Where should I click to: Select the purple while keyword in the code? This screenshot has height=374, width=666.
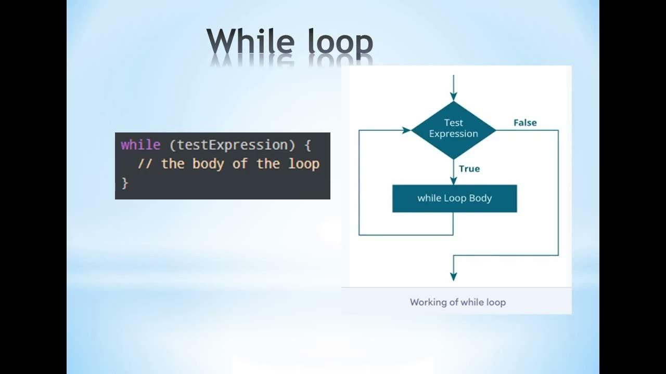tap(140, 145)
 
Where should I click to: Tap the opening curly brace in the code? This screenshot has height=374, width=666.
tap(308, 145)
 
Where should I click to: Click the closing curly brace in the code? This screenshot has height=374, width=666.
tap(124, 183)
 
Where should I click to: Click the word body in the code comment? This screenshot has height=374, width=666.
tap(208, 164)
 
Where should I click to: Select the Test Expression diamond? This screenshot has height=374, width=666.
tap(453, 130)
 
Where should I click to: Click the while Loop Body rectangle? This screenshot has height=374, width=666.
tap(454, 198)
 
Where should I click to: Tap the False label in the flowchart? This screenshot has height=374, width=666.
tap(524, 123)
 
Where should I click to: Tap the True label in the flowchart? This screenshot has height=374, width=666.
tap(469, 169)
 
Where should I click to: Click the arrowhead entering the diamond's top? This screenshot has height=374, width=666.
tap(453, 97)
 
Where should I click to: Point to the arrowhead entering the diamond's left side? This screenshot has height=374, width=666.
tap(406, 130)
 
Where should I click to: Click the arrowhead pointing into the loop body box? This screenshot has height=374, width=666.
tap(453, 181)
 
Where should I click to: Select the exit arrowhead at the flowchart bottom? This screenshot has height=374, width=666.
tap(453, 276)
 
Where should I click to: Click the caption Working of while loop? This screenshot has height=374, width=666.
tap(457, 302)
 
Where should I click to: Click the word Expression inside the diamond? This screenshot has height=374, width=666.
tap(453, 134)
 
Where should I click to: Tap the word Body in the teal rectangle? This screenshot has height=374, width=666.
tap(480, 198)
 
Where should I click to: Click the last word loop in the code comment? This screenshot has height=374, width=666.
tap(303, 164)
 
